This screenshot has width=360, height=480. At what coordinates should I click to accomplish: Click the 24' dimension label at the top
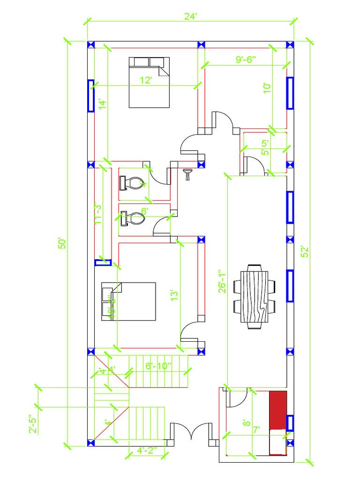(x=190, y=16)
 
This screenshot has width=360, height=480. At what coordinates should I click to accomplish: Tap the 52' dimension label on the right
(x=305, y=252)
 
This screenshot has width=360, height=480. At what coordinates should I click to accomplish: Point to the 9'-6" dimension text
(x=248, y=60)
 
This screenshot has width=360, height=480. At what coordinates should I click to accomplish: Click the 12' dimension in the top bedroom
(x=146, y=80)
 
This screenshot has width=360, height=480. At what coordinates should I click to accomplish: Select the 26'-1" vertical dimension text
(x=223, y=281)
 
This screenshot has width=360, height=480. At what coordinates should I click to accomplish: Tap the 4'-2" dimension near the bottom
(x=146, y=450)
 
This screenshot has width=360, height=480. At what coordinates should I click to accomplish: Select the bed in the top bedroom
(x=149, y=82)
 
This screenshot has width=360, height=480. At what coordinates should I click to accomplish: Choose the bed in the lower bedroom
(x=128, y=301)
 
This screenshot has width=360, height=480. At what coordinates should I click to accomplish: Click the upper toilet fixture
(x=131, y=183)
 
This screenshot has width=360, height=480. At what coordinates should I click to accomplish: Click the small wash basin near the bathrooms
(x=188, y=174)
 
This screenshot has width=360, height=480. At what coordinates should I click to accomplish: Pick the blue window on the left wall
(x=91, y=96)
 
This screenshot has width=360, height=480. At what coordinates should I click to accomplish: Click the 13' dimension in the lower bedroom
(x=175, y=295)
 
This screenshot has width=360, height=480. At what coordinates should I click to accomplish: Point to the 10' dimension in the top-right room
(x=267, y=88)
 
